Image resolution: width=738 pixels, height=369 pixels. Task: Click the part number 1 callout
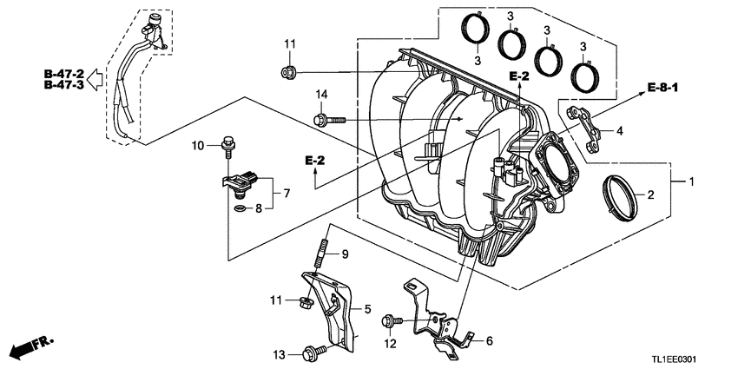tap(692, 183)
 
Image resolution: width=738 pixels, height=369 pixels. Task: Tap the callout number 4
tap(619, 131)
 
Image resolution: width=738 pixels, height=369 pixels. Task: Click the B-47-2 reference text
tap(63, 75)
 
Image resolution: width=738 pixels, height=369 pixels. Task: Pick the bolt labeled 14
tap(329, 118)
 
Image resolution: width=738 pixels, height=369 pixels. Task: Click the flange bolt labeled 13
tap(311, 353)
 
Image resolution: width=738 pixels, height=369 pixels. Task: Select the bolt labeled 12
tap(390, 322)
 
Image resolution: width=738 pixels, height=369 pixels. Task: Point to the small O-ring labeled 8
tap(239, 208)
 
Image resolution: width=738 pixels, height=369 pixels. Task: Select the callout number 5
tap(367, 307)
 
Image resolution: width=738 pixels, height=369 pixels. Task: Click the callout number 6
tap(489, 340)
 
